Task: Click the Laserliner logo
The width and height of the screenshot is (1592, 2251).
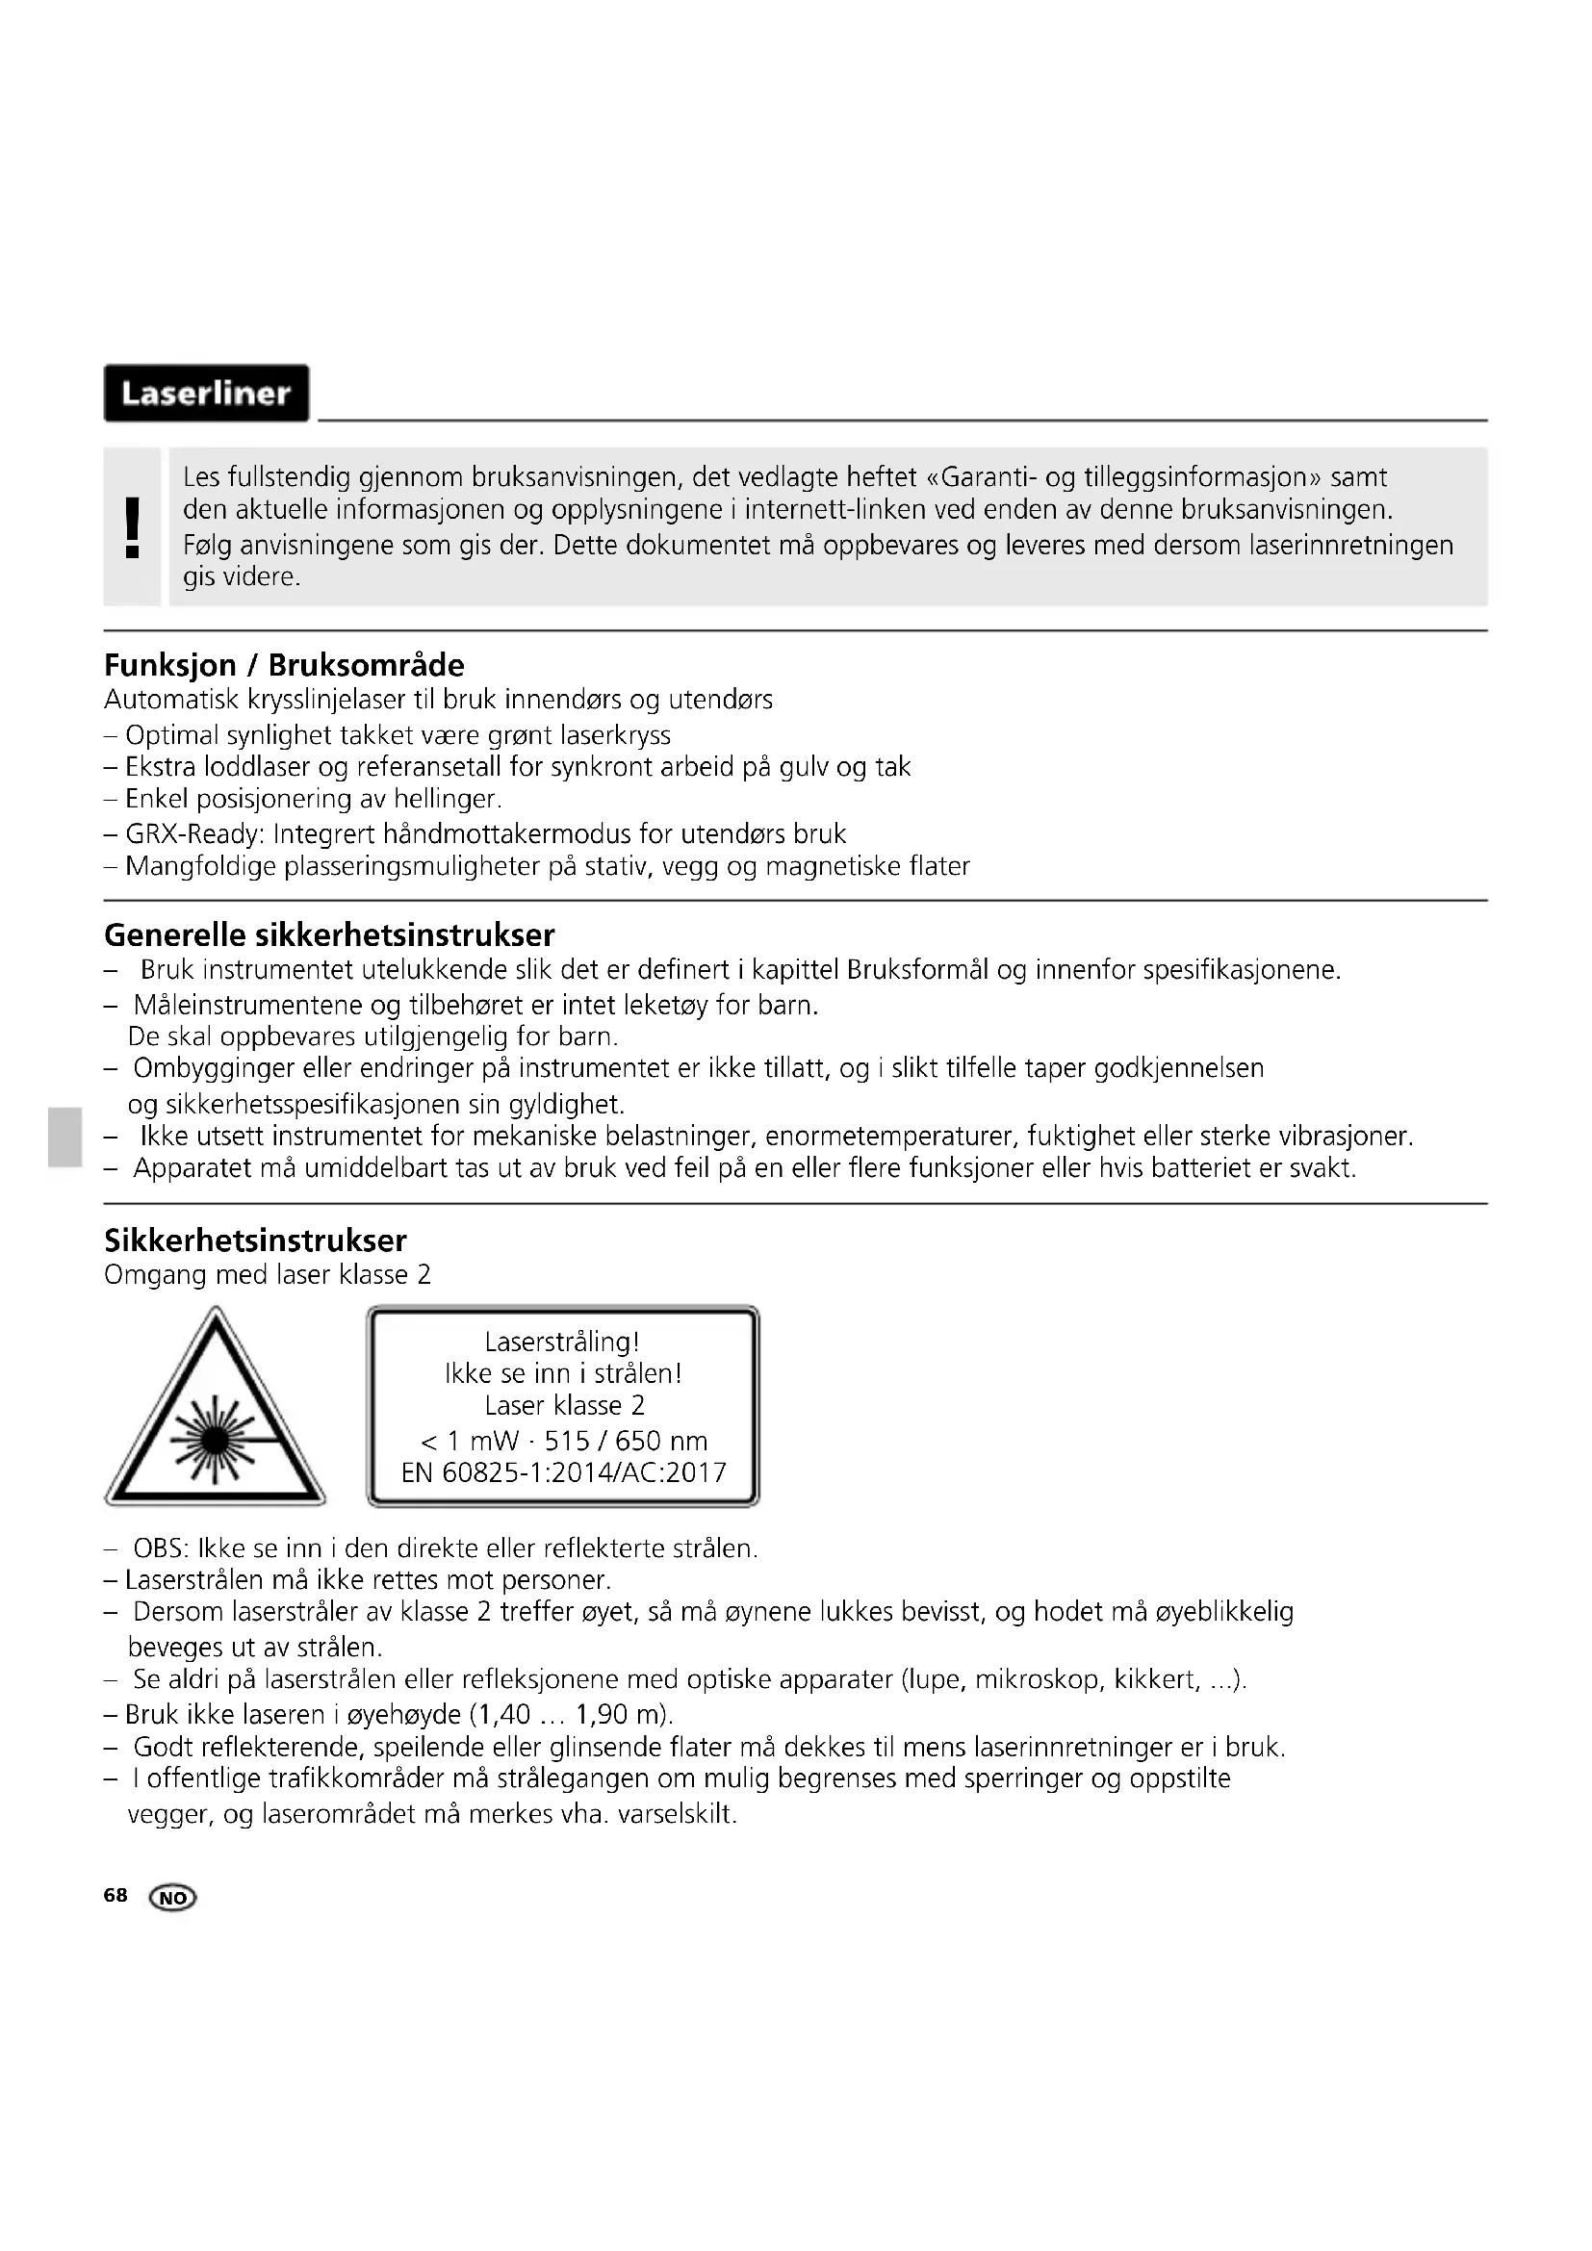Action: [x=206, y=394]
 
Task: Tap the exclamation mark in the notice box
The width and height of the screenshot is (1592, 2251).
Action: [x=132, y=526]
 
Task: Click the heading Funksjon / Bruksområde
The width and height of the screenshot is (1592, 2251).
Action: [x=283, y=665]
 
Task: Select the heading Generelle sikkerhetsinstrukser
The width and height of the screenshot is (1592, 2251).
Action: [x=328, y=934]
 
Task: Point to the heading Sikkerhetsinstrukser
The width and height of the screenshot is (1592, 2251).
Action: [x=255, y=1241]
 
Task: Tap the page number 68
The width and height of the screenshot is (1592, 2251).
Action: [x=116, y=1895]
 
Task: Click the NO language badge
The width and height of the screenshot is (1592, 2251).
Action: [x=172, y=1898]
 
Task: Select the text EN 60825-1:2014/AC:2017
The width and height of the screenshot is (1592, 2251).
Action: [x=564, y=1472]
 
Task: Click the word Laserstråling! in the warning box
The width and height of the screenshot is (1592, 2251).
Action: [x=562, y=1343]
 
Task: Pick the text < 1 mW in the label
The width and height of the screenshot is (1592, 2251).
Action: [x=470, y=1442]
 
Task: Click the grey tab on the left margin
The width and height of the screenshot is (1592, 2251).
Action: [x=64, y=1138]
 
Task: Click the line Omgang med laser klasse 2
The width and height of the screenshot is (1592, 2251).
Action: [x=267, y=1274]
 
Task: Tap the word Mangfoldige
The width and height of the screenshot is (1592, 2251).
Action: [x=201, y=867]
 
